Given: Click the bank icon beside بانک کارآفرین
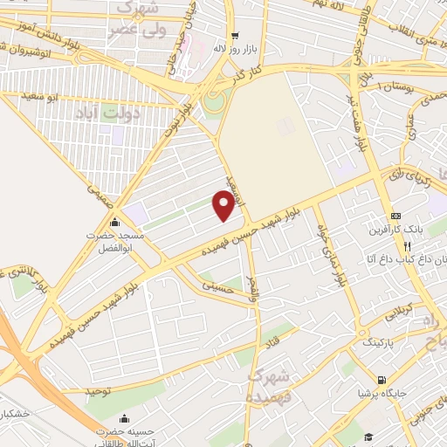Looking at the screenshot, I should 396,216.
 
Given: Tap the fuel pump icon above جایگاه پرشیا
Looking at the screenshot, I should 381,380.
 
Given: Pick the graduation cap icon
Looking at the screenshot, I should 368,437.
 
